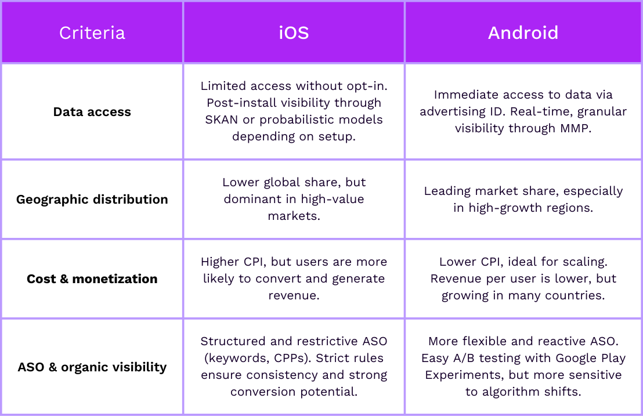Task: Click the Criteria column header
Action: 92,33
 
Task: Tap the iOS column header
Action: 294,33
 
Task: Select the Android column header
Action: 523,33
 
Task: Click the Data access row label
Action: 92,112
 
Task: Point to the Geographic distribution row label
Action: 92,200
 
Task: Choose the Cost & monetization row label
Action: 92,279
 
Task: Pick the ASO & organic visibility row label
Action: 92,367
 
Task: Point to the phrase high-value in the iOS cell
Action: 333,200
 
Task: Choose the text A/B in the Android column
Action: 463,358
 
